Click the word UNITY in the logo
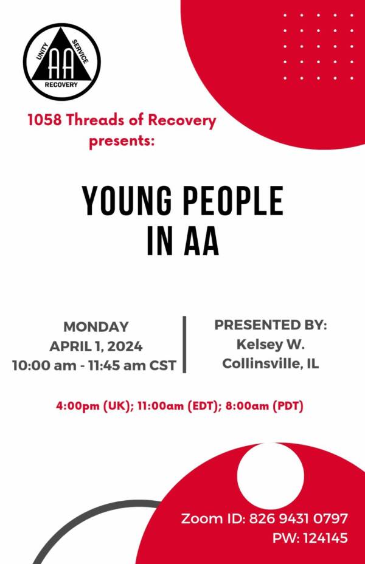pos(42,50)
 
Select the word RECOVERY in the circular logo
pos(61,85)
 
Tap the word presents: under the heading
pos(122,140)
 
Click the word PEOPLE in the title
pos(233,201)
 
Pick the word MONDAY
pos(96,327)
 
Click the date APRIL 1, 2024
pos(96,346)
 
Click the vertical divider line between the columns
pos(185,345)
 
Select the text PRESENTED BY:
pos(271,325)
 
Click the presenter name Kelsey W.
pos(270,344)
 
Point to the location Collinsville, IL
pos(270,363)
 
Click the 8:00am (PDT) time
pos(264,406)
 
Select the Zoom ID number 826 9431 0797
pos(299,518)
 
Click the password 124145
pos(325,538)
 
